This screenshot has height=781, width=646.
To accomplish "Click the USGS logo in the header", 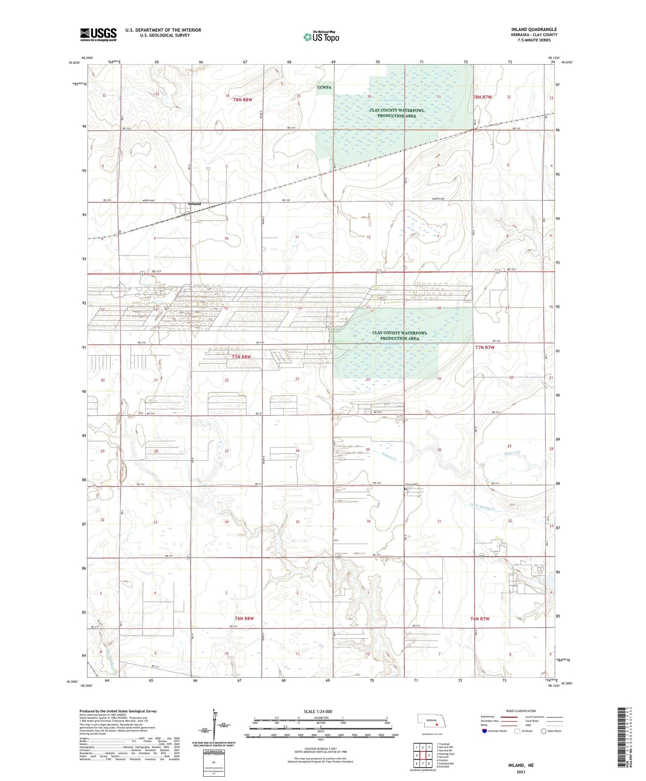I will pyautogui.click(x=98, y=34).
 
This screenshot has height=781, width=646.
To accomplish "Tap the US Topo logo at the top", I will pyautogui.click(x=321, y=37).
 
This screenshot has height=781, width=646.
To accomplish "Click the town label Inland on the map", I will pyautogui.click(x=195, y=204).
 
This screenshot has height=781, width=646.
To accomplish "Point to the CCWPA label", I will pyautogui.click(x=324, y=87).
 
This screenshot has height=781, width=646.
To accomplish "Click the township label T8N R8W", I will pyautogui.click(x=242, y=100).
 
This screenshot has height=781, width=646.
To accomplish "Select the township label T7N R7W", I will pyautogui.click(x=485, y=347).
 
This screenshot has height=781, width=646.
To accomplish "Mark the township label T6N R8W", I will pyautogui.click(x=244, y=618).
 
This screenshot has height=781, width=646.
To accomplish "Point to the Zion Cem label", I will pyautogui.click(x=411, y=485).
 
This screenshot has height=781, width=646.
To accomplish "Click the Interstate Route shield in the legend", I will pyautogui.click(x=484, y=731).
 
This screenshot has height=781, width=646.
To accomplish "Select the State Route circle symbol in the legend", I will pyautogui.click(x=544, y=731).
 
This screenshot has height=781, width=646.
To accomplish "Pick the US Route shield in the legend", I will pyautogui.click(x=517, y=731).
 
